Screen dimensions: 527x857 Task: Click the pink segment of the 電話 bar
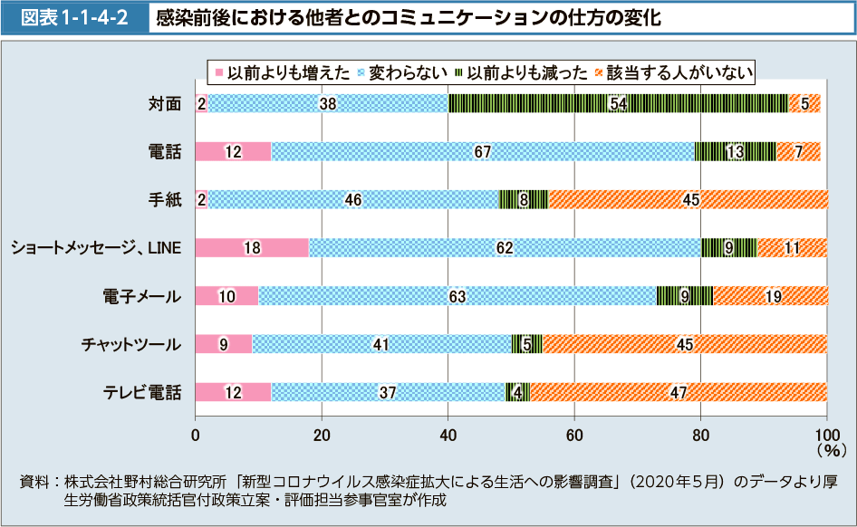point(233,152)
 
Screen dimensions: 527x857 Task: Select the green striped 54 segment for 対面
point(619,103)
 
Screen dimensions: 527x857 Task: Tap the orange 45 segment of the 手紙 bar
point(688,200)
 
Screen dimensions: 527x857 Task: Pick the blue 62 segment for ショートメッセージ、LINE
point(506,248)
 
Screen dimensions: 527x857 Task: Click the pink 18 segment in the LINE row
point(252,248)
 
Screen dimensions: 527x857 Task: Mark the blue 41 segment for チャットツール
point(380,344)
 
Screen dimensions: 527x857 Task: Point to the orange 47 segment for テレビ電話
point(679,392)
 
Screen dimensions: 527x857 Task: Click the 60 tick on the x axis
point(574,434)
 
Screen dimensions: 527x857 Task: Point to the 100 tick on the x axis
point(826,434)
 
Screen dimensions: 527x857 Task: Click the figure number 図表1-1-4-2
point(74,17)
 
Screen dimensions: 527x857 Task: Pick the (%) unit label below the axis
point(829,448)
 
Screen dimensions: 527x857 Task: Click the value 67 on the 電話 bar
point(483,152)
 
